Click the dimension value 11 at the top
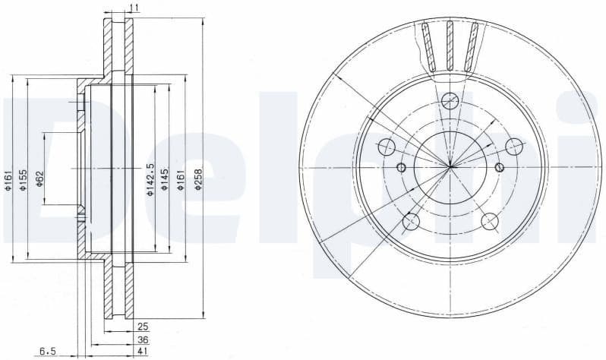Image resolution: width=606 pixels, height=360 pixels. pyautogui.click(x=134, y=8)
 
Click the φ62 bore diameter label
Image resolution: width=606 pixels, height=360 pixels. pyautogui.click(x=40, y=180)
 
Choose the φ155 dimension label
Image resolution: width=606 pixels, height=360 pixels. pyautogui.click(x=24, y=180)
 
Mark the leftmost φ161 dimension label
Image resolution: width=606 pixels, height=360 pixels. pyautogui.click(x=8, y=180)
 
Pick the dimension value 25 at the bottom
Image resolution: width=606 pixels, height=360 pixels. pyautogui.click(x=142, y=326)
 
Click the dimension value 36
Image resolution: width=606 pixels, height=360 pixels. pyautogui.click(x=142, y=339)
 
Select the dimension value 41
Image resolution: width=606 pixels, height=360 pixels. pyautogui.click(x=142, y=352)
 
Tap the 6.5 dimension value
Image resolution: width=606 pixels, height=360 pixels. pyautogui.click(x=48, y=352)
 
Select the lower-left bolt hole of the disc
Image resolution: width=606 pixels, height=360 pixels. pyautogui.click(x=411, y=221)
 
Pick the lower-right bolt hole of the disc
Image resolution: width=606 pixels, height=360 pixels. pyautogui.click(x=490, y=221)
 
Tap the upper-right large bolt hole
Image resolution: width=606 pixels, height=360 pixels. pyautogui.click(x=514, y=147)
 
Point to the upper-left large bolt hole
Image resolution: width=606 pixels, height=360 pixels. pyautogui.click(x=387, y=147)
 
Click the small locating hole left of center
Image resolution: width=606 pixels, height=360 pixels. pyautogui.click(x=402, y=167)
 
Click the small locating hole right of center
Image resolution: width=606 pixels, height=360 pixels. pyautogui.click(x=499, y=167)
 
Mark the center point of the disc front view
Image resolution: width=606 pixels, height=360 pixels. pyautogui.click(x=450, y=166)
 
